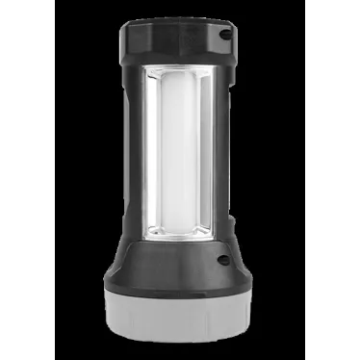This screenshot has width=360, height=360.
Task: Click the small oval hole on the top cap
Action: pos(227,34)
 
